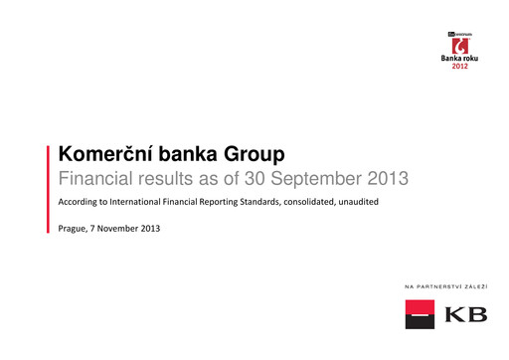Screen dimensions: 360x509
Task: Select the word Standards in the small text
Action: coord(265,204)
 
